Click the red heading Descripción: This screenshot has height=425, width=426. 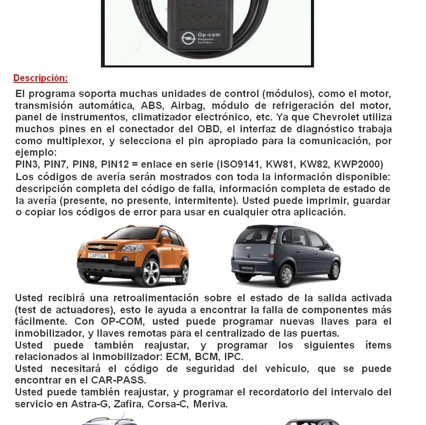pos(41,78)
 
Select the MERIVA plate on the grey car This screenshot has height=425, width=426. pos(247,268)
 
